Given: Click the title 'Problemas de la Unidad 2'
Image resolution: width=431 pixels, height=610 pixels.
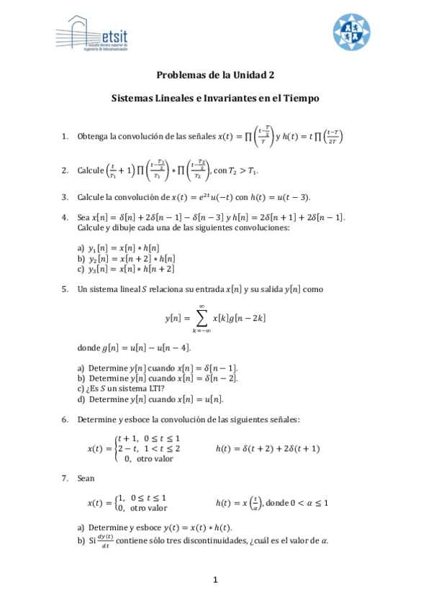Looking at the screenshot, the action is pyautogui.click(x=215, y=74).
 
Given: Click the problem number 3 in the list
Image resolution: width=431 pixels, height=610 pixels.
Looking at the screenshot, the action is pyautogui.click(x=64, y=197).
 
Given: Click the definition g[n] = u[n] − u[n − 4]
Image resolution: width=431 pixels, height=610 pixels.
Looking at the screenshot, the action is pyautogui.click(x=151, y=347).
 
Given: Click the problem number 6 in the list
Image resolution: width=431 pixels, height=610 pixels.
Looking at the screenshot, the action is pyautogui.click(x=64, y=419).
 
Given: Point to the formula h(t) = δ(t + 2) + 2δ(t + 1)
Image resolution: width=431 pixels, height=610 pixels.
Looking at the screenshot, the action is pyautogui.click(x=268, y=448).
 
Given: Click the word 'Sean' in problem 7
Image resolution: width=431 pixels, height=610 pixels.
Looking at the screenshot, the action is pyautogui.click(x=86, y=478).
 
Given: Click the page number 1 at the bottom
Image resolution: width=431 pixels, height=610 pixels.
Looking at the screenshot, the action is pyautogui.click(x=214, y=580).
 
